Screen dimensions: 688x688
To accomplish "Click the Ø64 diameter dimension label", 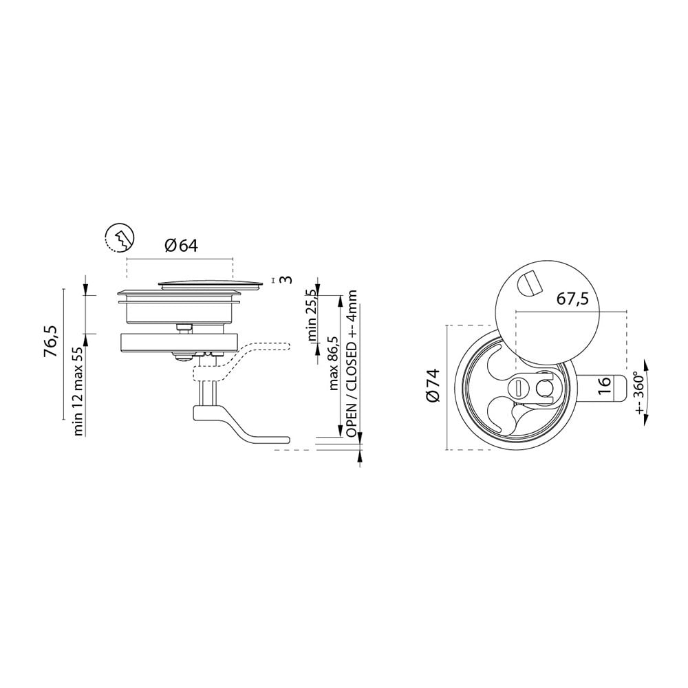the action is pyautogui.click(x=181, y=246).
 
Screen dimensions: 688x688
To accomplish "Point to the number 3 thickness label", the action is pyautogui.click(x=286, y=279).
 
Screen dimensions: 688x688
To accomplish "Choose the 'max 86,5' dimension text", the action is pyautogui.click(x=334, y=363).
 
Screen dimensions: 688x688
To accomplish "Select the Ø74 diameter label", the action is pyautogui.click(x=432, y=385).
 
